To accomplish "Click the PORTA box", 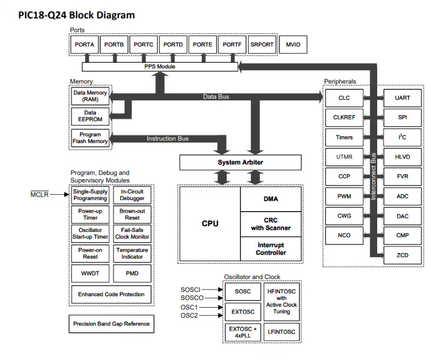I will point(84,45).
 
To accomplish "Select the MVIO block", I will point(293,45).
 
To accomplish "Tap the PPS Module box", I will point(160,67).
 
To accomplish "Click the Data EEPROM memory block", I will point(90,115).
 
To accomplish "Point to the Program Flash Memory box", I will point(90,138).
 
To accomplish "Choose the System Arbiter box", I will point(240,162).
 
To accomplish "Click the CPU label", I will point(210,224).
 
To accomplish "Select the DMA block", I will point(271,199).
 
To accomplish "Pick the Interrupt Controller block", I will point(271,249).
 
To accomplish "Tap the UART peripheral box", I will point(402,98).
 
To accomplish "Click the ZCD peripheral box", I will point(402,255).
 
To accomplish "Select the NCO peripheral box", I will point(344,235).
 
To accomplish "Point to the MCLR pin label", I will point(40,195).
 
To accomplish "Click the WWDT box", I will point(90,273).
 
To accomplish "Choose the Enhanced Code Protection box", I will point(111,295).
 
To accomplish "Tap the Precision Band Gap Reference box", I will point(111,324).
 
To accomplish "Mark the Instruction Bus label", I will point(167,138).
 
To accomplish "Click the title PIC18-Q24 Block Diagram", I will point(76,15).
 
